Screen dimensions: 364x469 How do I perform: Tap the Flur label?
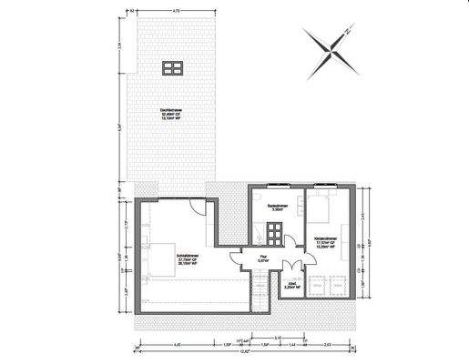pos(262,258)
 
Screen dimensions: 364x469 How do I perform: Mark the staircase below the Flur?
pos(263,296)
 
